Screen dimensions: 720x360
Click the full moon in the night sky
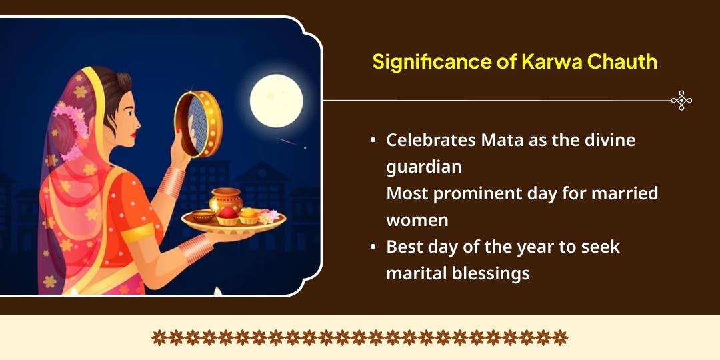(x=276, y=101)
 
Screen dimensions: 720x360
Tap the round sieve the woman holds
(x=198, y=123)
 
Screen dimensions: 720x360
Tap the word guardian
(x=424, y=167)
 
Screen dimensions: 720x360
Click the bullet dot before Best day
(x=373, y=247)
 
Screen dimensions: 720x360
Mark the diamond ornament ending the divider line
(x=681, y=100)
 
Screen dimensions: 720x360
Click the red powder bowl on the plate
(x=228, y=215)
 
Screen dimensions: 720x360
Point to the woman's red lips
(x=133, y=135)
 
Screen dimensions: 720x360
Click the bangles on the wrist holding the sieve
(x=172, y=182)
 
